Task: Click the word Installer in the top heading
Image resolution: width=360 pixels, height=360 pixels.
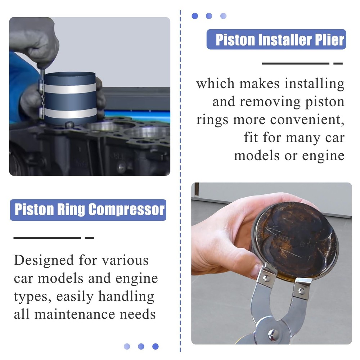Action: tap(282, 40)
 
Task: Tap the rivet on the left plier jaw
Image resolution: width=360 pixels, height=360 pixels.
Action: tap(266, 278)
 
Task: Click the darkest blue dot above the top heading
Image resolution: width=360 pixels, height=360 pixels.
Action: tap(195, 16)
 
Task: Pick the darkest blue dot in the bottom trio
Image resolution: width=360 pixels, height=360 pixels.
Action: tap(155, 346)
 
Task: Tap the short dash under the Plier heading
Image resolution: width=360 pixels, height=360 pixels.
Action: tap(338, 64)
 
